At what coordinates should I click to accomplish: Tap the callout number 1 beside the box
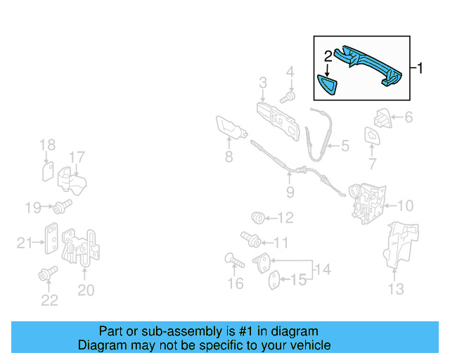[420, 68]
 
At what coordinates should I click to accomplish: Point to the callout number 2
[328, 56]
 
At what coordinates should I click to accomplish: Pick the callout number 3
[263, 83]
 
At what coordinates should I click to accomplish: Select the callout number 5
[345, 146]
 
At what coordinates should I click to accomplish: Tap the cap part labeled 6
[382, 118]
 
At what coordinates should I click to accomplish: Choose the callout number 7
[372, 164]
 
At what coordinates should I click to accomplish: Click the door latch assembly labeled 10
[367, 203]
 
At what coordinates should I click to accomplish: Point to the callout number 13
[396, 289]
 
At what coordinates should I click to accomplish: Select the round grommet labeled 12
[258, 218]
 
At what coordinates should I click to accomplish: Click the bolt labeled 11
[250, 240]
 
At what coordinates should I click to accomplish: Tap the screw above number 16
[234, 260]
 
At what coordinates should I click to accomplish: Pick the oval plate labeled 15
[274, 280]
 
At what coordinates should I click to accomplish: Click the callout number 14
[323, 269]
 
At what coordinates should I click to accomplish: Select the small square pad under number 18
[48, 172]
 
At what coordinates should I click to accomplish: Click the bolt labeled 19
[62, 207]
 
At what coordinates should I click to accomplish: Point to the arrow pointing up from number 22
[49, 285]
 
